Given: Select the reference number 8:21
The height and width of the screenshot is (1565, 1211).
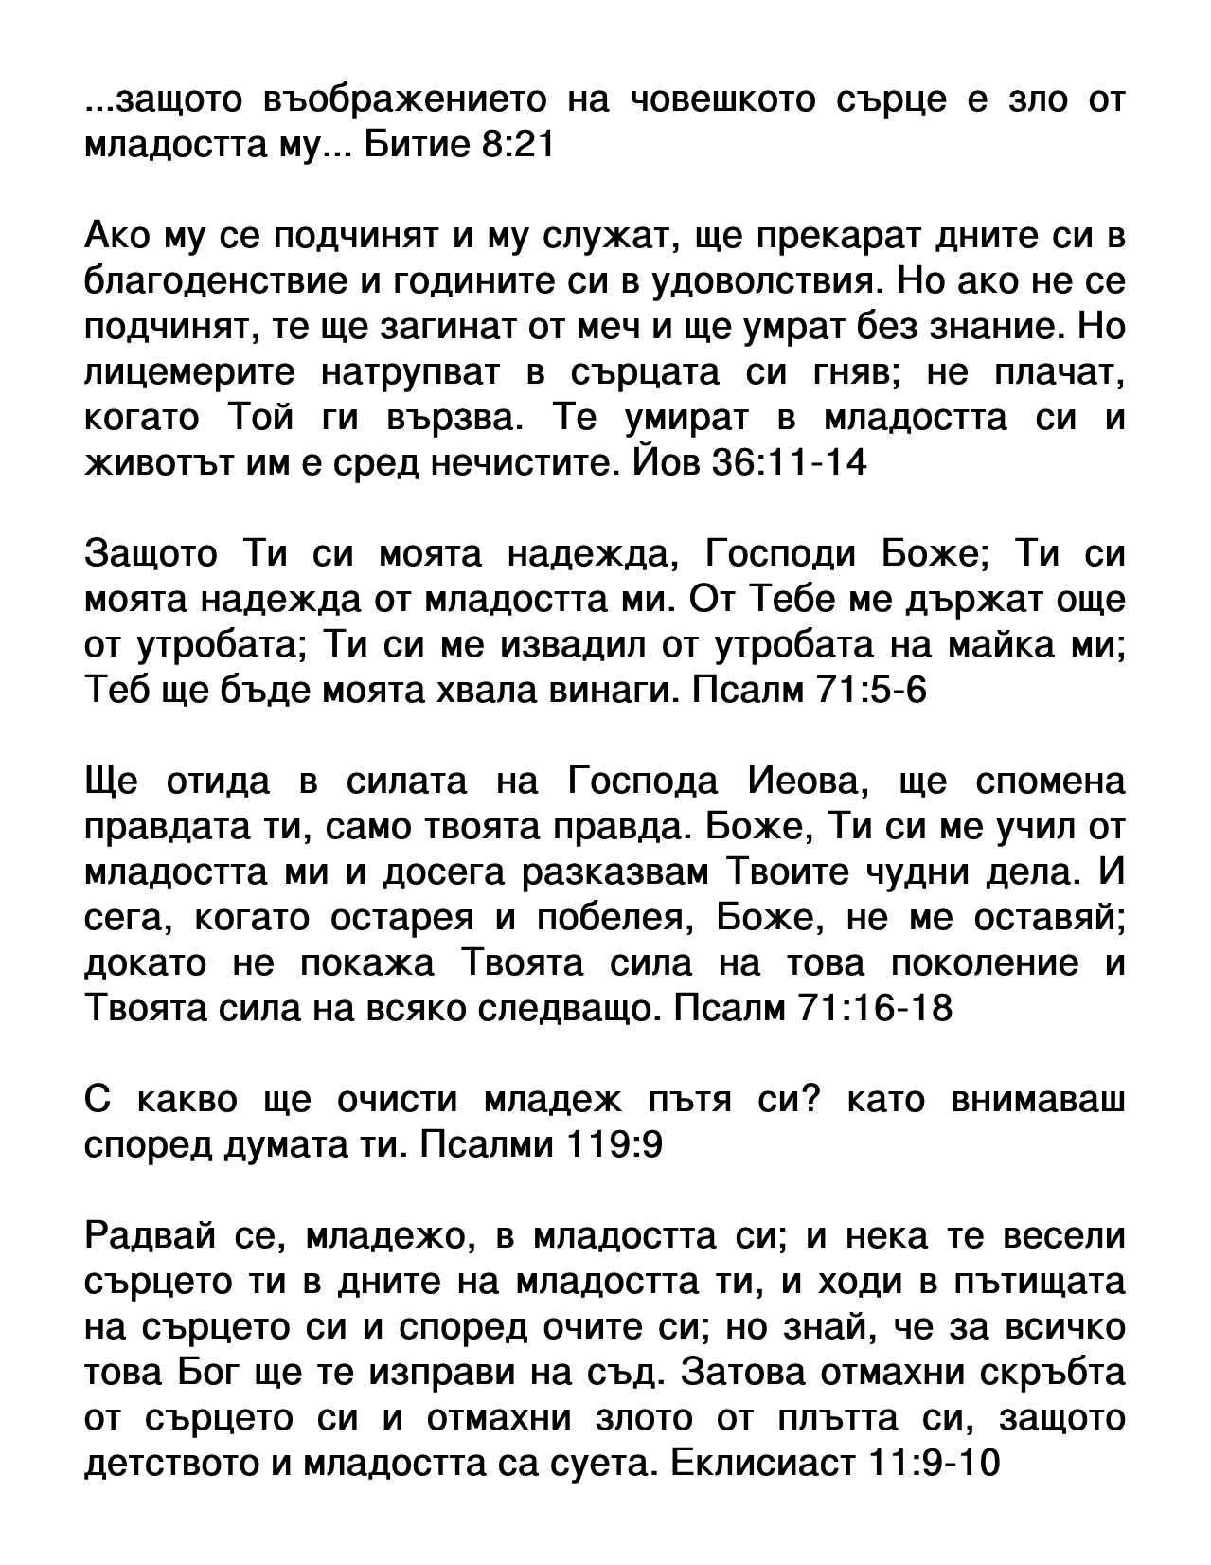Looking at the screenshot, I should pos(511,146).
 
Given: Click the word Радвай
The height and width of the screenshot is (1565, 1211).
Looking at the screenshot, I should pos(148,1237).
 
